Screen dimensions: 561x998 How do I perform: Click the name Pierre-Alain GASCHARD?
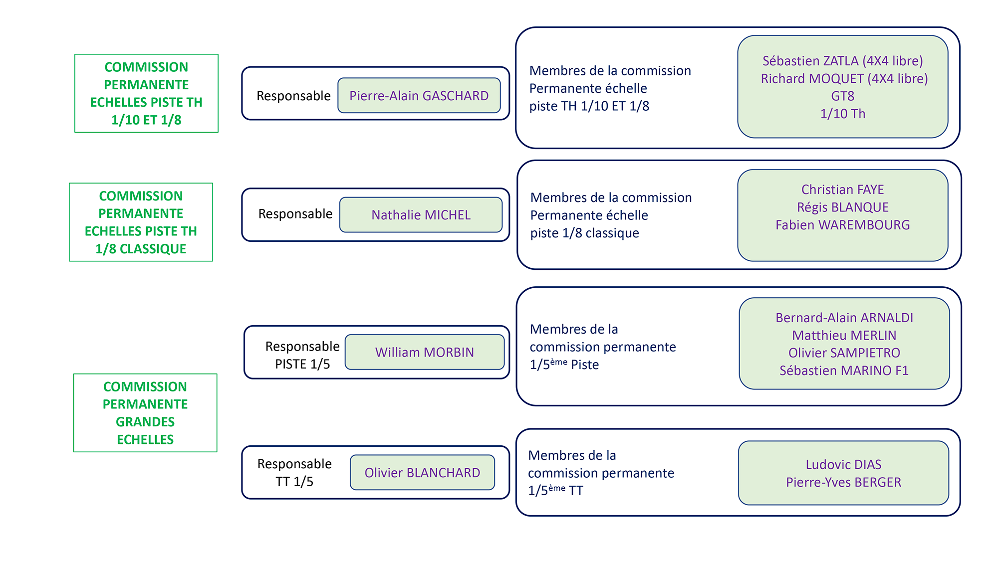point(419,96)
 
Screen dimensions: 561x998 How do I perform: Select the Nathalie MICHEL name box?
point(421,215)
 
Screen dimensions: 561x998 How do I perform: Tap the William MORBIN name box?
point(424,352)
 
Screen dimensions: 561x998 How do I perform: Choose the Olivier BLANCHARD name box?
point(422,473)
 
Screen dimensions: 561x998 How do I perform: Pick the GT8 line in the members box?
point(843,96)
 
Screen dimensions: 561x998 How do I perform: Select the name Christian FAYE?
point(842,189)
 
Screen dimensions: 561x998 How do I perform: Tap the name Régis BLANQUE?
point(842,207)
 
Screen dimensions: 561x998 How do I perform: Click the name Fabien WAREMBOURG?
point(842,225)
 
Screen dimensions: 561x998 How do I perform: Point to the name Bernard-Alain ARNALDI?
point(844,318)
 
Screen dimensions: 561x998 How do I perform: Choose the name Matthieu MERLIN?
point(844,336)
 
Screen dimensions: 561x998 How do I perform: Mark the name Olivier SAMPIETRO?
point(844,353)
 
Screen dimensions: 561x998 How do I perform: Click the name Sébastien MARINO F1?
point(844,371)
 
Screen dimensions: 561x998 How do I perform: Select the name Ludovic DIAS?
point(843,465)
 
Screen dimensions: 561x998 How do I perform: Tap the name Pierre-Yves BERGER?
point(843,482)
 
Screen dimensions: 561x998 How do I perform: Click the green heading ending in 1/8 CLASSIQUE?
point(141,222)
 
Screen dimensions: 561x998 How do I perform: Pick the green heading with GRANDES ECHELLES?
point(145,413)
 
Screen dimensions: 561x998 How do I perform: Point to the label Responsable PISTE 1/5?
point(302,355)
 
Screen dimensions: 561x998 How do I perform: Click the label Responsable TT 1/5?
point(294,473)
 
